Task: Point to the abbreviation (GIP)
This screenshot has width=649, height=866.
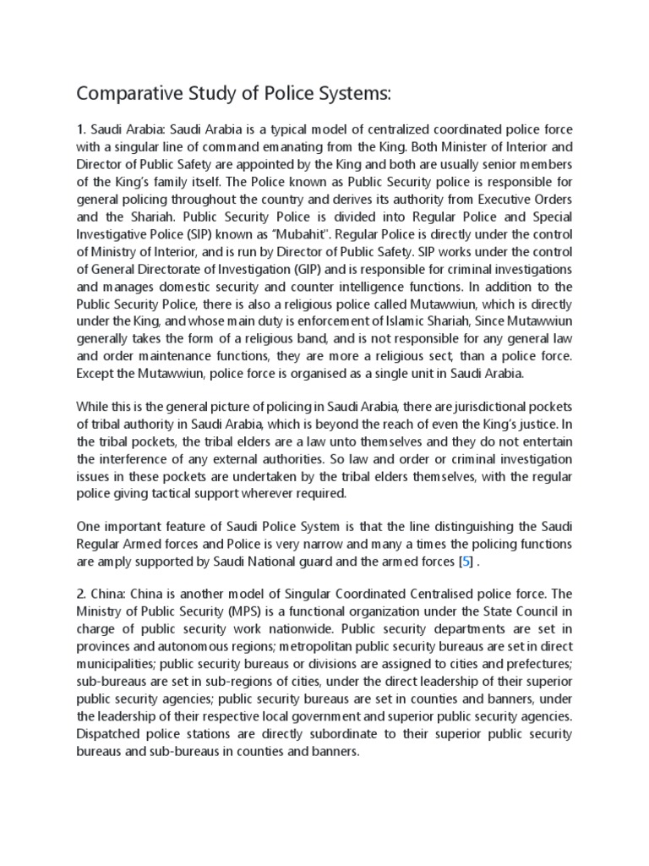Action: (x=311, y=270)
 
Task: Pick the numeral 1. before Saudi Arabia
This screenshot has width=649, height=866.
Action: (x=82, y=129)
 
